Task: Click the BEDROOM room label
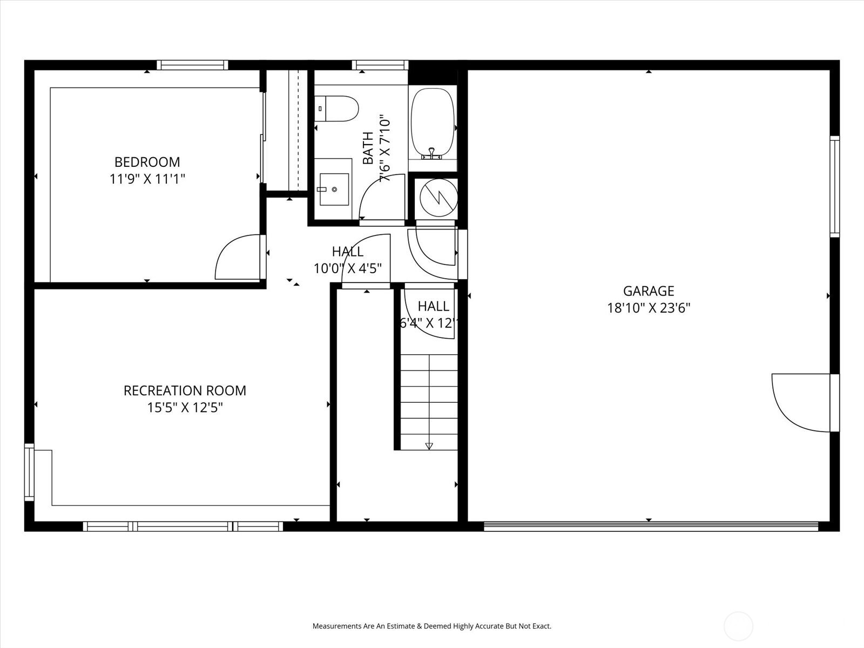(x=147, y=161)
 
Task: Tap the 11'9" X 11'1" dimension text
(x=147, y=179)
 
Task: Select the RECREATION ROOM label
(x=185, y=390)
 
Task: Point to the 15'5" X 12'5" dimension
(x=185, y=408)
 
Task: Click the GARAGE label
(x=649, y=291)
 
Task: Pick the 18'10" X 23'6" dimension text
(x=649, y=308)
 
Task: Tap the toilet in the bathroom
(x=337, y=109)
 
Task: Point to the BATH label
(x=368, y=148)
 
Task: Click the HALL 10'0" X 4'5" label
(x=348, y=260)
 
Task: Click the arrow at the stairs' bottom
(x=429, y=446)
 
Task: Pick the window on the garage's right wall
(x=835, y=186)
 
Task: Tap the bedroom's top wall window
(x=192, y=65)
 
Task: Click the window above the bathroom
(x=380, y=65)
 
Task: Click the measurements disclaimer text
(x=432, y=626)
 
